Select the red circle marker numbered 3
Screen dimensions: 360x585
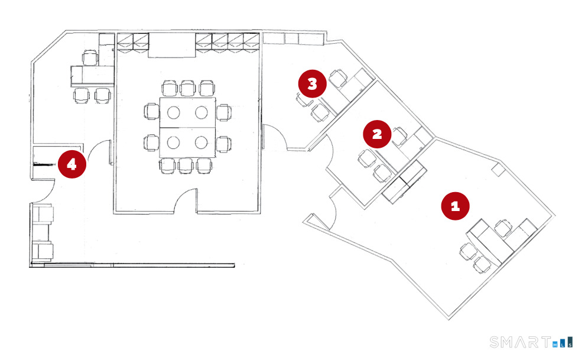[312, 84]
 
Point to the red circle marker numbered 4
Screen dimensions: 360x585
[71, 164]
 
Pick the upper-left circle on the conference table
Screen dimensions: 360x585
[173, 112]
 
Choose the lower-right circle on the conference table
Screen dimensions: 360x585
[201, 142]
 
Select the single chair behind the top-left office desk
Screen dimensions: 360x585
[91, 57]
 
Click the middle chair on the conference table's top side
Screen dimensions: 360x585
[188, 89]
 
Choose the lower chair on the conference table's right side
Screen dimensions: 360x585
[223, 142]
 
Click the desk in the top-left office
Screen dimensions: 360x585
[89, 76]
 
